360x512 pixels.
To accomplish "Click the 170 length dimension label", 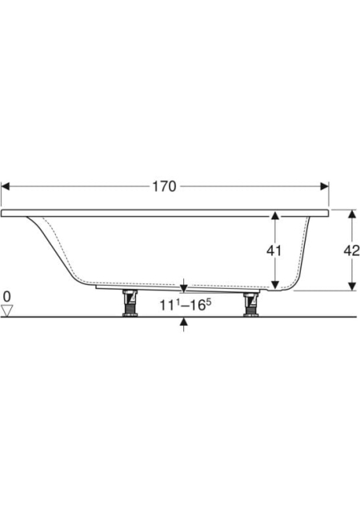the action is point(164,186).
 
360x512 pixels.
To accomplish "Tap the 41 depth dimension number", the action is point(274,250).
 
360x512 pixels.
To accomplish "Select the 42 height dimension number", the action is point(351,250).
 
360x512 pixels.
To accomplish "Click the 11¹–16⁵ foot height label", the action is point(186,305).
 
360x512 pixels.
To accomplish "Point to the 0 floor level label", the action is point(7,297).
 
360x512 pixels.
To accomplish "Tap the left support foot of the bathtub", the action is point(130,303).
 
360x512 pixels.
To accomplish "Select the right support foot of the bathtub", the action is point(251,304).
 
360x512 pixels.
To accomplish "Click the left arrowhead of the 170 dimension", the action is point(6,186).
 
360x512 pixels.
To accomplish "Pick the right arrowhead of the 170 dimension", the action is point(324,186).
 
